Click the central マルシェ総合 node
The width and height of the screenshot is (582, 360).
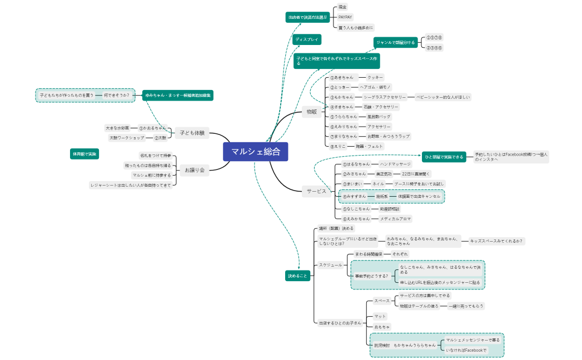pyautogui.click(x=256, y=151)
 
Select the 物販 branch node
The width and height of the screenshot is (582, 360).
pyautogui.click(x=312, y=112)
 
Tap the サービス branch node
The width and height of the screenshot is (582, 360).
pyautogui.click(x=317, y=191)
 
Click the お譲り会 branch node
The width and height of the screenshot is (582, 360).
pyautogui.click(x=195, y=170)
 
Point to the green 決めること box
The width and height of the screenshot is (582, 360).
pyautogui.click(x=297, y=276)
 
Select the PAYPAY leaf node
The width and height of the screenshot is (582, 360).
pyautogui.click(x=345, y=17)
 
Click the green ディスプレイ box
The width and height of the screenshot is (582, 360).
pyautogui.click(x=307, y=40)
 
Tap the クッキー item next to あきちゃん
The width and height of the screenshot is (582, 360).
pyautogui.click(x=376, y=77)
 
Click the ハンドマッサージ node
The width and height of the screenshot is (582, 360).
pyautogui.click(x=395, y=164)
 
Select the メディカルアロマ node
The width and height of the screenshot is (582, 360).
pyautogui.click(x=395, y=219)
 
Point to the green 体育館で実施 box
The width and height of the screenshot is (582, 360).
pyautogui.click(x=84, y=153)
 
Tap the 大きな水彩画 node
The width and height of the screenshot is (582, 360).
pyautogui.click(x=118, y=128)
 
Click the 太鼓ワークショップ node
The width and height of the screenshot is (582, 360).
pyautogui.click(x=127, y=137)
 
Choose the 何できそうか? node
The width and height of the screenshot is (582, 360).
pyautogui.click(x=116, y=95)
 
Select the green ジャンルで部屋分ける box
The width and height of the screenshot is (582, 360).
pyautogui.click(x=395, y=42)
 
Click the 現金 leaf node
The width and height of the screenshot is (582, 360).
pyautogui.click(x=343, y=7)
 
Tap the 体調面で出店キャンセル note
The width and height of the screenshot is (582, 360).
pyautogui.click(x=419, y=196)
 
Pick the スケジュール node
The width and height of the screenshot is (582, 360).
pyautogui.click(x=330, y=265)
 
